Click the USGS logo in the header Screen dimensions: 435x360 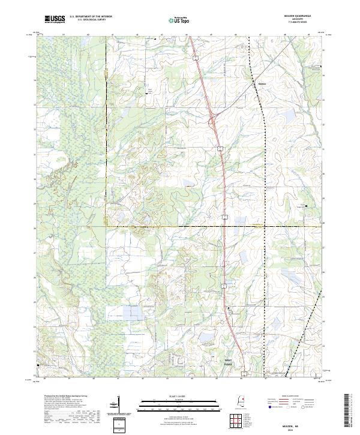click(55, 19)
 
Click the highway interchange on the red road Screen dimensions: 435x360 click(212, 122)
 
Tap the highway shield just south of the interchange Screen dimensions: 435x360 click(220, 147)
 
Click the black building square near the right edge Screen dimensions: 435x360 click(307, 206)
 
